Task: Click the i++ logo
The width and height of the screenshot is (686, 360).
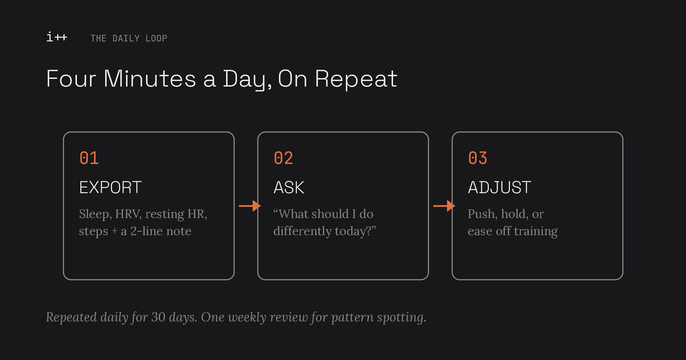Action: click(57, 37)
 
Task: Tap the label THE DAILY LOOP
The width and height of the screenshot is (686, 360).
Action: click(129, 38)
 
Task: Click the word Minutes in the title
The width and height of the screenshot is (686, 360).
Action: click(150, 79)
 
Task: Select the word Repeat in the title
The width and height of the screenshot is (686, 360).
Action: click(356, 79)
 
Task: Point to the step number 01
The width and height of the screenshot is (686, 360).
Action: click(89, 158)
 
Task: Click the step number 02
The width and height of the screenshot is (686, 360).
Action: click(284, 158)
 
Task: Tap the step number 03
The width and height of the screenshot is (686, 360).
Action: click(478, 158)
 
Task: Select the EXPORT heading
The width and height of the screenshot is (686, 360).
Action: click(110, 187)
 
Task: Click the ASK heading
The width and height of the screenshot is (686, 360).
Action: click(289, 187)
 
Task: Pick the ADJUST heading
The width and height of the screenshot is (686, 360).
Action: click(500, 187)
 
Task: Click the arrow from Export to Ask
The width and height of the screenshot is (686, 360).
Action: click(250, 206)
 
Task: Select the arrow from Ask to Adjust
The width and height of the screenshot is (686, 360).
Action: click(444, 206)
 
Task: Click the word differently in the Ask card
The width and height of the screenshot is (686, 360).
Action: click(302, 231)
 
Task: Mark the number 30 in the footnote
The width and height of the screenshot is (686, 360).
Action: click(158, 317)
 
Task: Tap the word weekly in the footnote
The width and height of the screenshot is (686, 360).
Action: click(247, 318)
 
